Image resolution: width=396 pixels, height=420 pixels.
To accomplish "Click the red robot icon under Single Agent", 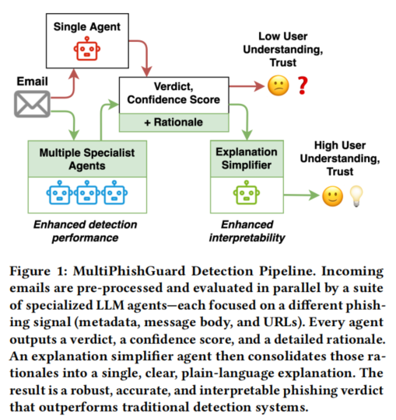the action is click(x=87, y=49).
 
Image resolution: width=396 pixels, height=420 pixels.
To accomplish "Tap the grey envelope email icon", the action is click(x=32, y=104).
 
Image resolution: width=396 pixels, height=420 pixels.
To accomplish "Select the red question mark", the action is click(x=303, y=85).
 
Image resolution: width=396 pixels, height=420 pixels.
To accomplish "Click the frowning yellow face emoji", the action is click(x=279, y=85).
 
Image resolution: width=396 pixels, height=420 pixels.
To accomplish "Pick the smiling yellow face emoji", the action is click(x=333, y=196).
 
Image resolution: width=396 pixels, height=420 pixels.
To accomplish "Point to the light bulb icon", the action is click(x=356, y=196).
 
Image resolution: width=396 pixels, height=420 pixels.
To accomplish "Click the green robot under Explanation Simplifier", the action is click(x=247, y=193).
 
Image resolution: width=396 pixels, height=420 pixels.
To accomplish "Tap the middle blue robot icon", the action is click(x=86, y=193).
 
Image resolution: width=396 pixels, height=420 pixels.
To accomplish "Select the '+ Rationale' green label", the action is click(x=173, y=122).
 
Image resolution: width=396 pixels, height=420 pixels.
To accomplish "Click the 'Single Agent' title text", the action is click(x=87, y=27).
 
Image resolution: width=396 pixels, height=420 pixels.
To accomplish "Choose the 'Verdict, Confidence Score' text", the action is click(x=173, y=93).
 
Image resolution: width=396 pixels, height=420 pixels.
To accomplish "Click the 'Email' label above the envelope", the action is click(x=32, y=82).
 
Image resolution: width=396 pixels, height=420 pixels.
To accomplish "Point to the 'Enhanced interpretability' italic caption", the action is click(x=247, y=231).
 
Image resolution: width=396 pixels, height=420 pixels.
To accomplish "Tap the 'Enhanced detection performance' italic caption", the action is click(x=85, y=231).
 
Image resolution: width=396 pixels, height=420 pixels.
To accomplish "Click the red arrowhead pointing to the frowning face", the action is click(x=260, y=86).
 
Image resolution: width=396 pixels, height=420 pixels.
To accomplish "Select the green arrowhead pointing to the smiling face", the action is click(x=314, y=195).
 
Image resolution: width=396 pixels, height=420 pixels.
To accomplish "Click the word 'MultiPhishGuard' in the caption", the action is click(x=129, y=271).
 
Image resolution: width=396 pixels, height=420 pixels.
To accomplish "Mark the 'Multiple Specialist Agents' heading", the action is click(x=87, y=159).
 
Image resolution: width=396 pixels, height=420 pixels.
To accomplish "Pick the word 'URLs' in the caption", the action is click(x=281, y=322).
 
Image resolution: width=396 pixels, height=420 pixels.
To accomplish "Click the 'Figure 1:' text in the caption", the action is click(x=38, y=271).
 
